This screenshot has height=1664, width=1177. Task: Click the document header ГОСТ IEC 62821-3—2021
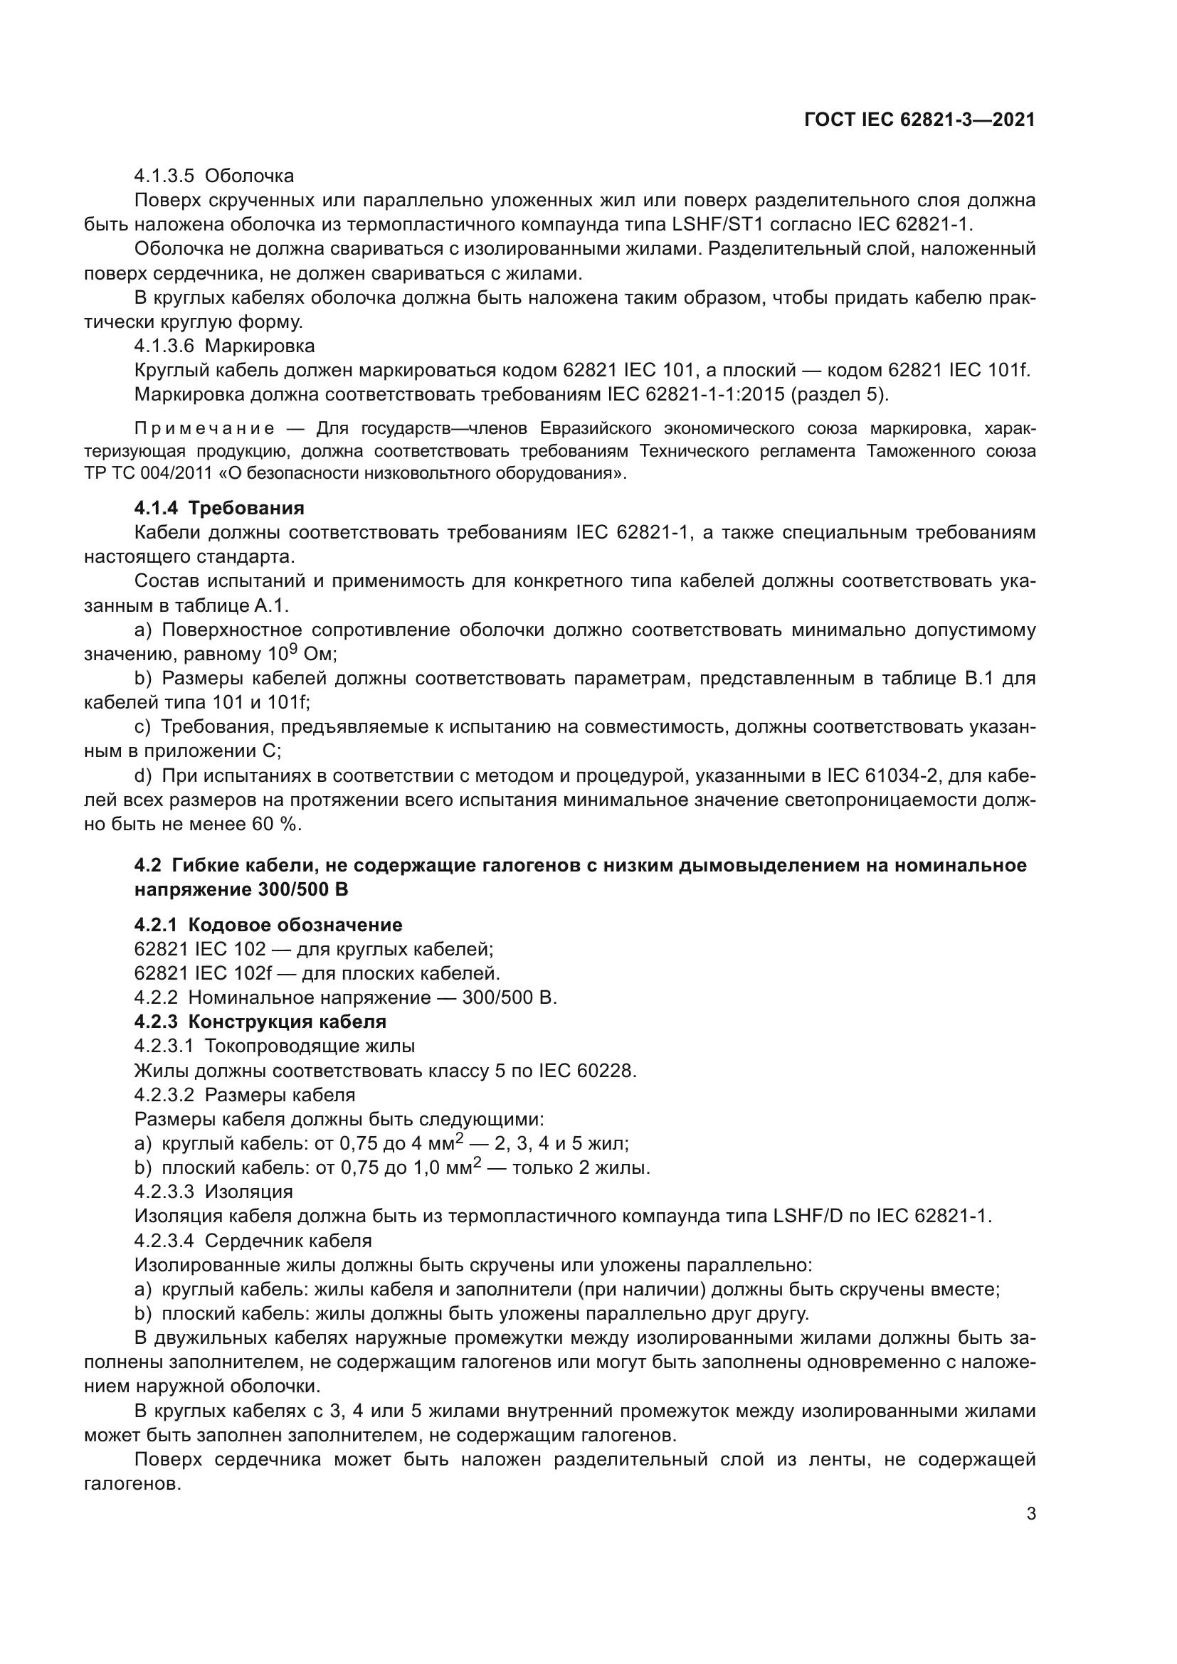[919, 120]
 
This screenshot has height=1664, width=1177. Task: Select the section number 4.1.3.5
[164, 176]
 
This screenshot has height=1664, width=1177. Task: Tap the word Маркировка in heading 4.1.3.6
[260, 346]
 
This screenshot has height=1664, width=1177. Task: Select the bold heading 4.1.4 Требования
[219, 508]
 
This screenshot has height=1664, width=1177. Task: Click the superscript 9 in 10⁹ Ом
[292, 649]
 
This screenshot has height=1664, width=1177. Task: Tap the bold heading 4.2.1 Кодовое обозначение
[268, 925]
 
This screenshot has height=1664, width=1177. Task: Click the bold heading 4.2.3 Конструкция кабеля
[260, 1022]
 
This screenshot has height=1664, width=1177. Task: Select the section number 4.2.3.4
[164, 1241]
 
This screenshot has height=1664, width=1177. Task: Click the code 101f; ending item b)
[287, 702]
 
